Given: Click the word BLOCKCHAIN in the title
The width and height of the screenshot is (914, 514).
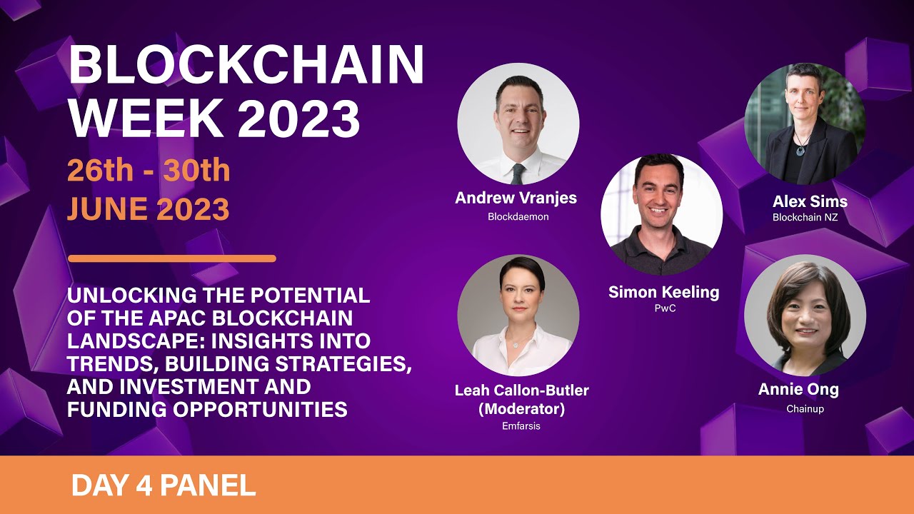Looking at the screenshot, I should coord(246,66).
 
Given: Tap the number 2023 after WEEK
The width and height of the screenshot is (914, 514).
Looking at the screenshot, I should coord(299,118).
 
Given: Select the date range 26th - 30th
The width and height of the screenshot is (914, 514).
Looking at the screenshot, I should coord(149,171).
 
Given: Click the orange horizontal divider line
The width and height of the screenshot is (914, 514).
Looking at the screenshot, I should coord(171,258).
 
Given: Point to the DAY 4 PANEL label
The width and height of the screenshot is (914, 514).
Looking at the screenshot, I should coord(164,485).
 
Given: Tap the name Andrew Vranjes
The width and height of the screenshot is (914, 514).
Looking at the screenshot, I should coord(516,198).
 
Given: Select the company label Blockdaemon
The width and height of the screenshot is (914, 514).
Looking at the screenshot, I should coord(518,216).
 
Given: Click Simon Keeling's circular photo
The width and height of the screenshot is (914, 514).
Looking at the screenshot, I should coord(661,214).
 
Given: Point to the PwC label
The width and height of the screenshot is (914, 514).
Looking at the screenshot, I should coord(664,308).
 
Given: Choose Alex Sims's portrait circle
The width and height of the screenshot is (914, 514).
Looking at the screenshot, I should coord(805,123).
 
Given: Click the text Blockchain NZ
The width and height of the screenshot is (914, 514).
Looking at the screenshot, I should coord(805,217).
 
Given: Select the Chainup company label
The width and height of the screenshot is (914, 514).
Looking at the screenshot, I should coord(805,409).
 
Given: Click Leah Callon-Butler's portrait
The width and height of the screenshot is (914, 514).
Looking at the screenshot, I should coord(518,316).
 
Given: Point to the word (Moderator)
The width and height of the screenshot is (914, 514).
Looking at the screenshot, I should coord(521,409).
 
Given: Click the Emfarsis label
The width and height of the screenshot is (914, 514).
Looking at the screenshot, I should coord(521,426).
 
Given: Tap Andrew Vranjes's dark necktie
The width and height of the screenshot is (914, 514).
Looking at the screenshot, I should coord(518,173).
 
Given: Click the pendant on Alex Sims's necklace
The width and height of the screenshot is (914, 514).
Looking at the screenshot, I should coord(800,150).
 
